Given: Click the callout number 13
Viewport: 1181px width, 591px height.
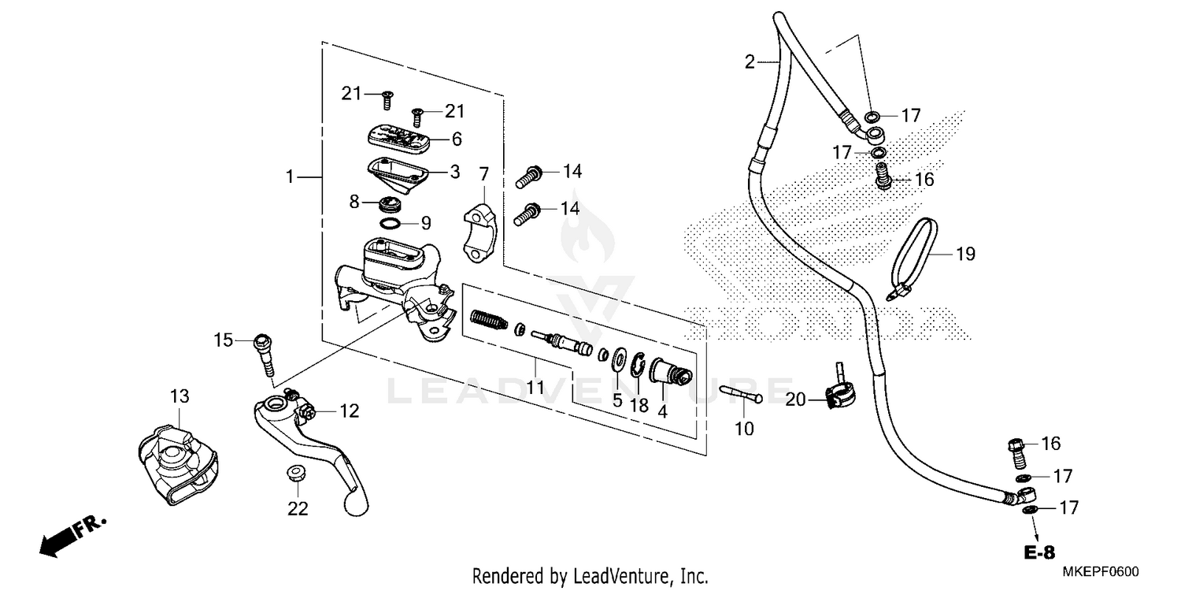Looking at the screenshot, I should point(180,396).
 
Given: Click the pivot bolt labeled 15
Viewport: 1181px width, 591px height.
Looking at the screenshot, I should point(264,355).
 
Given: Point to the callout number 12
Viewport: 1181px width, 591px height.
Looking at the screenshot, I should point(349,411).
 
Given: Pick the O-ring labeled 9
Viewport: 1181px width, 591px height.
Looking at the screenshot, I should point(391,225).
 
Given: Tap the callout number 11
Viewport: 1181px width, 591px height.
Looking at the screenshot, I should point(535,387).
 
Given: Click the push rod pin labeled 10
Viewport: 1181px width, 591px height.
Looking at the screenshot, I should point(742,396).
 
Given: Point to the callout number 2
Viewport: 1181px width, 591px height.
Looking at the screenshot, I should point(750,61).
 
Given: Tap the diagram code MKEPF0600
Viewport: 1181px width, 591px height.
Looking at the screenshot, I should point(1105,572).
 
